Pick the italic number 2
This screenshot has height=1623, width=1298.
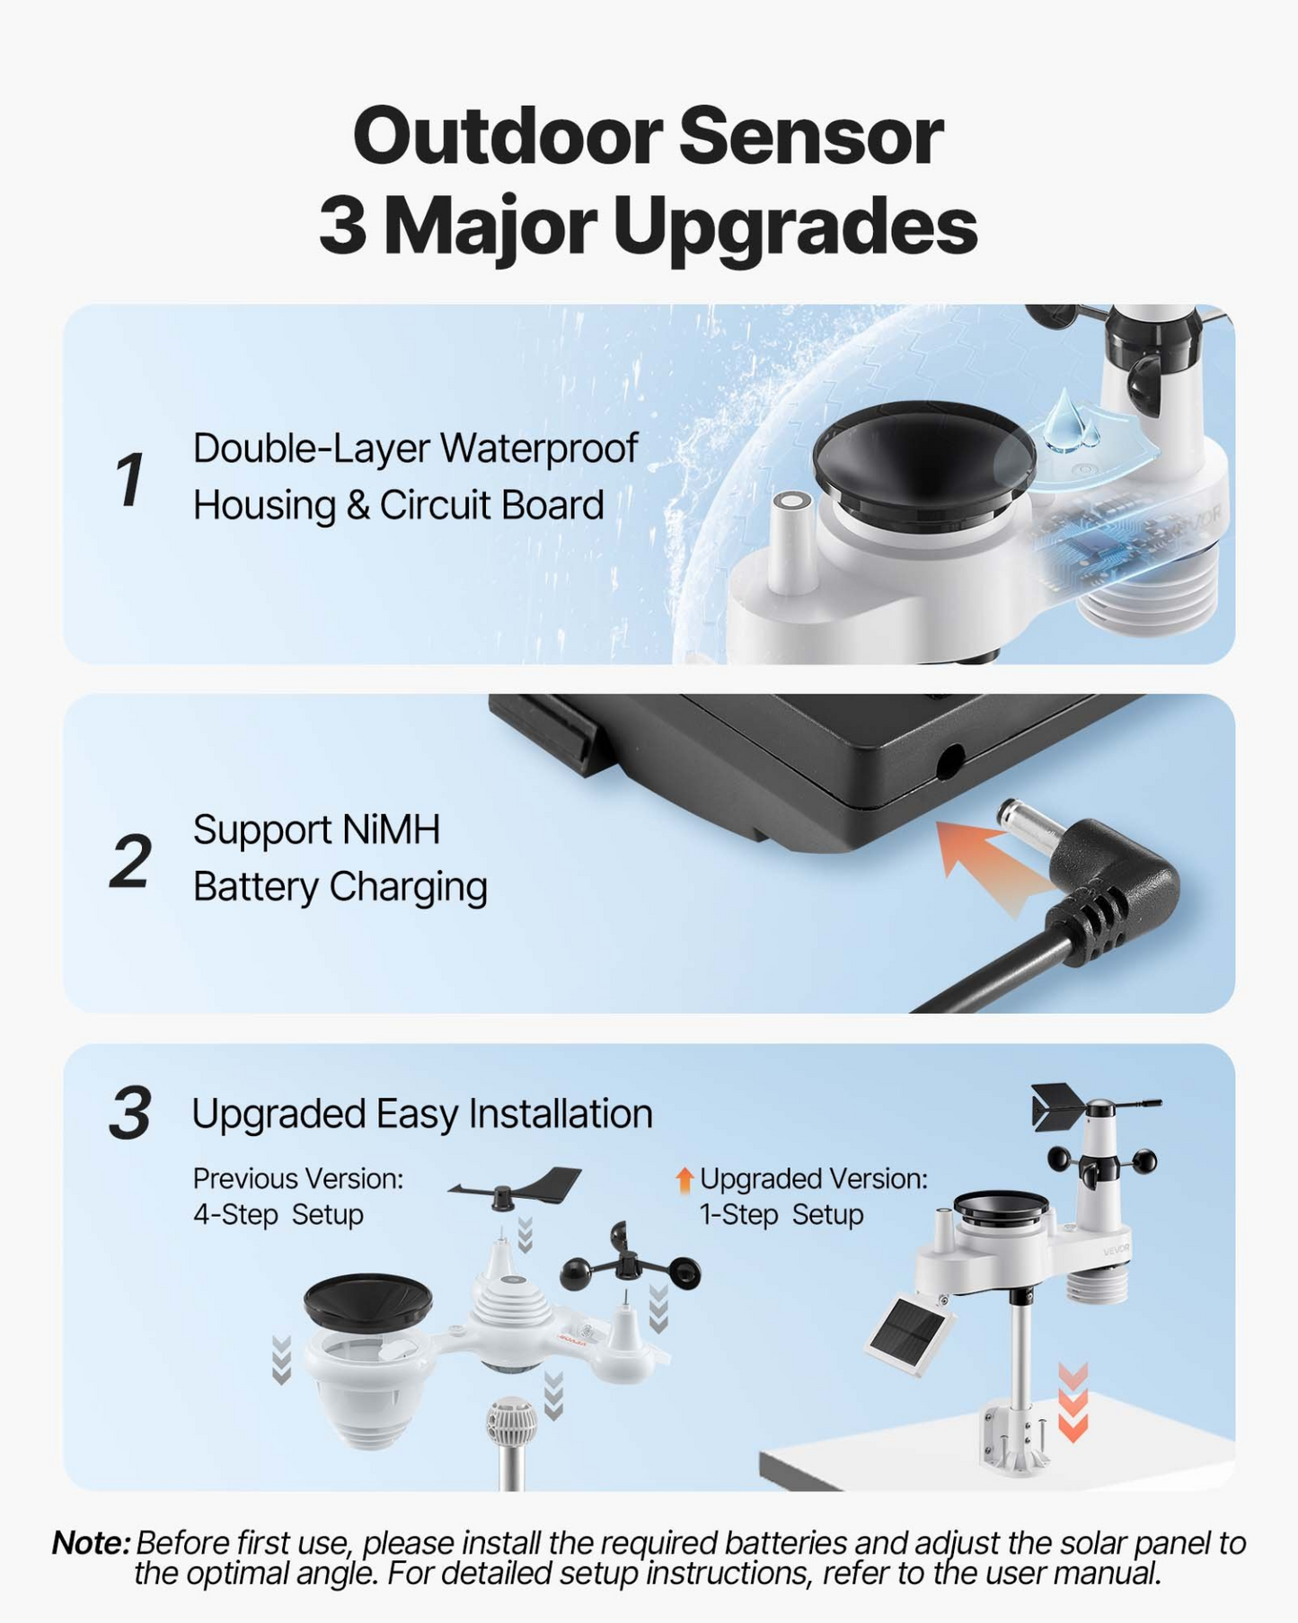tap(131, 861)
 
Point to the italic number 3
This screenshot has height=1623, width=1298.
tap(130, 1113)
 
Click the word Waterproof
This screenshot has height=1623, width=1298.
tap(539, 448)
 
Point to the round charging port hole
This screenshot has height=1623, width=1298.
tap(949, 762)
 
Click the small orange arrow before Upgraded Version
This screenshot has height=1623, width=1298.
tap(684, 1180)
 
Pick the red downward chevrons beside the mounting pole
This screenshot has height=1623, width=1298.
tap(1073, 1401)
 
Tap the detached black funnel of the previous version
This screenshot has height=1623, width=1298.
tap(367, 1302)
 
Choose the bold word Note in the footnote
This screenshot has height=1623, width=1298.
tap(91, 1542)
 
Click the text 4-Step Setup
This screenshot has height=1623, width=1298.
tap(278, 1215)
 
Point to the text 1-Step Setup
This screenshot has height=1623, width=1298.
tap(781, 1215)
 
